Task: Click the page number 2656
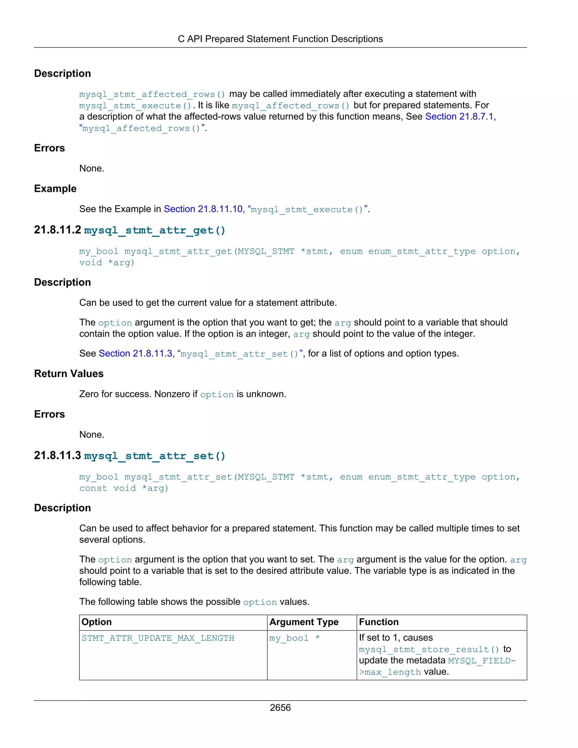pos(280,707)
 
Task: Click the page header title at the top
pos(280,39)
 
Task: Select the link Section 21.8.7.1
pos(460,117)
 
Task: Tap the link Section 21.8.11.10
pos(204,209)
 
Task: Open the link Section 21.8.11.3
pos(136,353)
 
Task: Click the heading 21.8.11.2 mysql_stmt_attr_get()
pos(130,230)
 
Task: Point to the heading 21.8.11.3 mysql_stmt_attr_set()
pos(130,456)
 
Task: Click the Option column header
pos(97,622)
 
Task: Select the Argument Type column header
pos(304,622)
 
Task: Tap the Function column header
pos(379,622)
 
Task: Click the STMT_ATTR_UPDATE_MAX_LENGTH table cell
pos(158,638)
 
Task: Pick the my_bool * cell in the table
pos(294,638)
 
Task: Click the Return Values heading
pos(69,373)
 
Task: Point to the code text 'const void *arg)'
pos(124,488)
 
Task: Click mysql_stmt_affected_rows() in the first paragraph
pos(152,94)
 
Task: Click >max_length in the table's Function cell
pos(390,672)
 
